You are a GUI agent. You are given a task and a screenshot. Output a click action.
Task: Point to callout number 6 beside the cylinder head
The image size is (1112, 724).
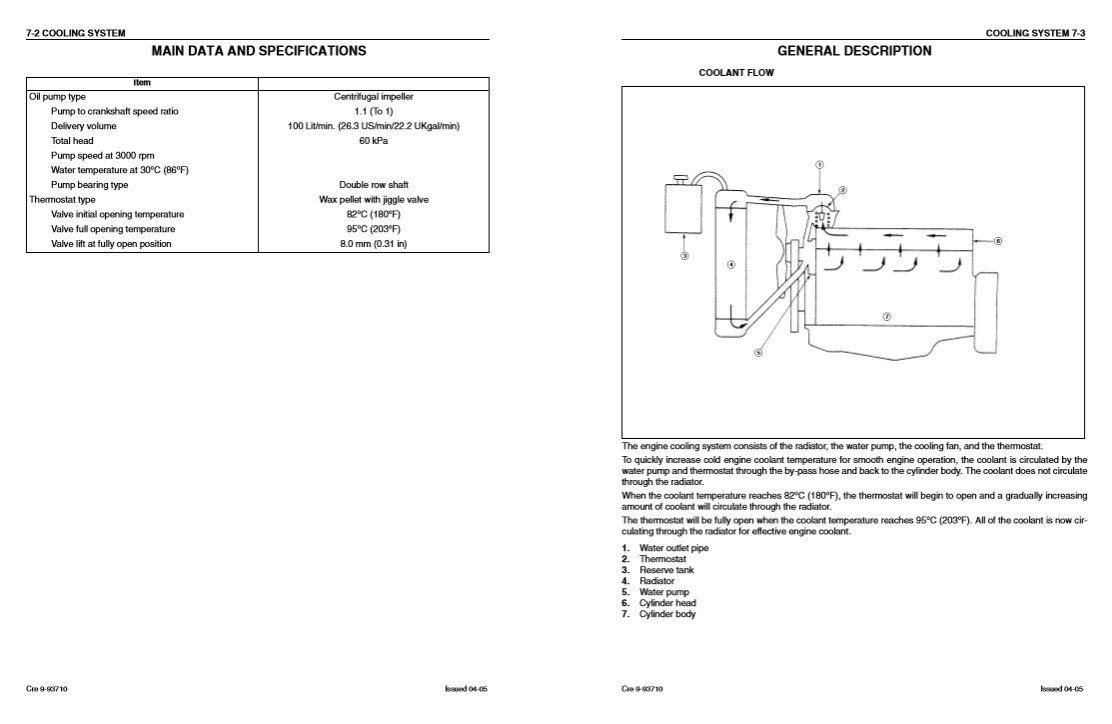[x=998, y=241]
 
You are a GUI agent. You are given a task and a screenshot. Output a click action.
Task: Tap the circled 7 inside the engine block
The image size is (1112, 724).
[x=886, y=316]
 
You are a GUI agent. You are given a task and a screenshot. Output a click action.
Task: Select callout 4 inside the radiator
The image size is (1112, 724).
[x=731, y=265]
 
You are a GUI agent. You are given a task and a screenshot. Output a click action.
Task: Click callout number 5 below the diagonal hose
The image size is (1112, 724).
[x=758, y=352]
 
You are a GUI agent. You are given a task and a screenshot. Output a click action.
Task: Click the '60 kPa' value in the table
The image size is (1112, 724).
[x=373, y=141]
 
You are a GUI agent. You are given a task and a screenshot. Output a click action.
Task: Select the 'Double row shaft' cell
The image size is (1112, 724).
[x=373, y=185]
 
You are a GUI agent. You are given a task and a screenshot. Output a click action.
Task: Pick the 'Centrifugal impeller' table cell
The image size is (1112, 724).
[x=373, y=97]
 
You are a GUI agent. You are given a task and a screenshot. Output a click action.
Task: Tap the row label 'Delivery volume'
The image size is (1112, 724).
[x=84, y=126]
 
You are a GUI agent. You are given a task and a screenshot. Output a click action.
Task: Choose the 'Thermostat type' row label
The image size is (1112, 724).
[x=62, y=200]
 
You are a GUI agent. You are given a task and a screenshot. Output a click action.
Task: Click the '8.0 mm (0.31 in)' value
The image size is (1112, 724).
[x=373, y=244]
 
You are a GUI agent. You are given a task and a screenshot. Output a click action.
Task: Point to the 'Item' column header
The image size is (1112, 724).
[x=142, y=82]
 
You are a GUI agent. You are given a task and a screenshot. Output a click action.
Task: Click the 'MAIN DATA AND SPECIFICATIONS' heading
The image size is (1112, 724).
[x=258, y=51]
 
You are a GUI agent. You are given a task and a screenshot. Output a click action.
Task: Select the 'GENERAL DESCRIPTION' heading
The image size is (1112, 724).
[x=854, y=51]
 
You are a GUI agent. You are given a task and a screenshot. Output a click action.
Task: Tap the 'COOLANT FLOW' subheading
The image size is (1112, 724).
[x=735, y=73]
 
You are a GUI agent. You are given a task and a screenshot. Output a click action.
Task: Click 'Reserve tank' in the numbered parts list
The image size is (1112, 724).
[x=666, y=570]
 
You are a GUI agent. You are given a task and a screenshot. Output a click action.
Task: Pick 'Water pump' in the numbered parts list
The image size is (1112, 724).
[x=664, y=592]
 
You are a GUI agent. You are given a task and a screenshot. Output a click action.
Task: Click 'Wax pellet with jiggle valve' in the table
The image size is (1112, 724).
[x=373, y=200]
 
